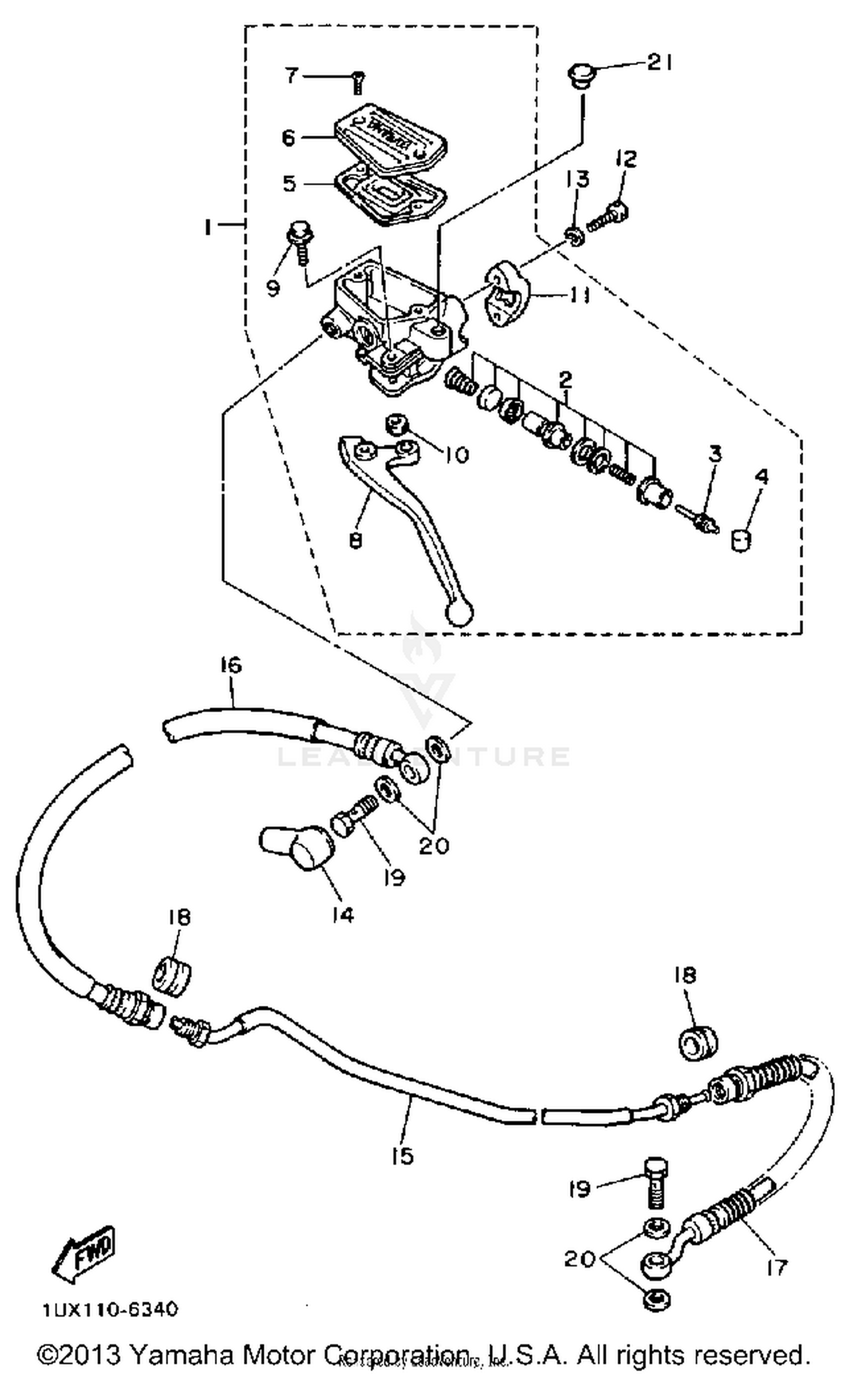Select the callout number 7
pos(291,74)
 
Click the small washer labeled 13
pos(574,236)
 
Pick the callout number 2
pos(565,379)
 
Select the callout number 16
pos(230,665)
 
